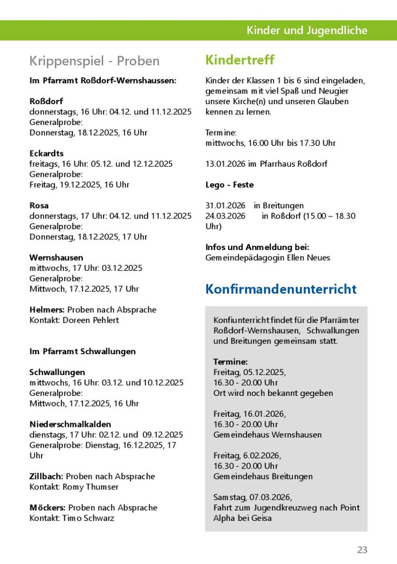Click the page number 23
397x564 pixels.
362,549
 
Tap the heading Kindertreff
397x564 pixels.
240,60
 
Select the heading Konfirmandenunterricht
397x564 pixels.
281,289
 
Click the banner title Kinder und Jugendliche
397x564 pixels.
306,31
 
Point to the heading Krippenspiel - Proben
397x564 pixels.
94,61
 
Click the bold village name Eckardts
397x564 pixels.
46,154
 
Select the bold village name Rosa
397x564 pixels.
39,205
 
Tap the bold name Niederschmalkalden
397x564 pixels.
70,424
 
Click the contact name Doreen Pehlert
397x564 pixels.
91,320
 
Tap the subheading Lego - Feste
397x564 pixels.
229,185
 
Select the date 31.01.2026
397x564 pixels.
225,205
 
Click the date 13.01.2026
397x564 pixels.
225,164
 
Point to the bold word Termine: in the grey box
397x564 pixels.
230,362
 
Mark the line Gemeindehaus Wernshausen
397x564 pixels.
267,435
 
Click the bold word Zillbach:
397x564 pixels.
46,476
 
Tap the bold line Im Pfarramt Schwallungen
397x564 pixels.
82,351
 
